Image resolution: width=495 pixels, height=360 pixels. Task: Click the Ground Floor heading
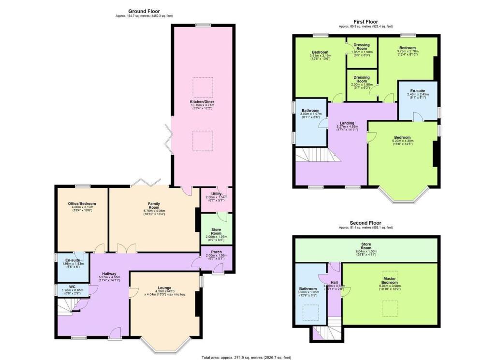tap(144, 11)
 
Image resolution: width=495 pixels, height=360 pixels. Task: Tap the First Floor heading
tap(366, 22)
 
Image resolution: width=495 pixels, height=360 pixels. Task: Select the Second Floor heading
tap(366, 223)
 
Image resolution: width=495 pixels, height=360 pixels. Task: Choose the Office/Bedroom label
tap(81, 204)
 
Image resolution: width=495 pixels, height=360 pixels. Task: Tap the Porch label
tap(217, 252)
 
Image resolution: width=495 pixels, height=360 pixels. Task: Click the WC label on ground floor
tap(73, 286)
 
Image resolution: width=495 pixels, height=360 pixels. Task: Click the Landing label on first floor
tap(349, 123)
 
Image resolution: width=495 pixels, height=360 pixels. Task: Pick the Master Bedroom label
tap(389, 280)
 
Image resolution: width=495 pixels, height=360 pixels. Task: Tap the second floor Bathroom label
tap(307, 289)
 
